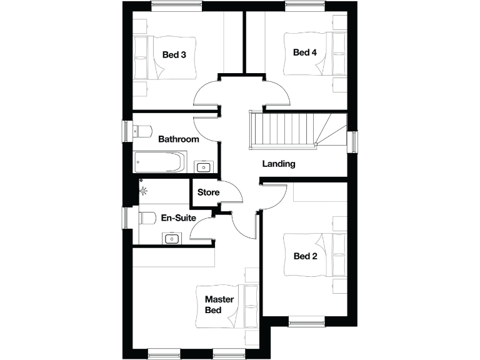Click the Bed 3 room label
[x=174, y=54]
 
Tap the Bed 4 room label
[x=305, y=52]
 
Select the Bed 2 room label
[x=305, y=255]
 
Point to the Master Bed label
[x=219, y=305]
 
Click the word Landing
[x=278, y=164]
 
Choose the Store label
[x=208, y=192]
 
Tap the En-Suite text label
[x=179, y=218]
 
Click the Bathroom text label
[x=178, y=139]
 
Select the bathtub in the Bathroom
[x=160, y=162]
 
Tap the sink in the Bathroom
[x=204, y=166]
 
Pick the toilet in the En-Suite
[x=146, y=218]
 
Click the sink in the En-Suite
[x=171, y=238]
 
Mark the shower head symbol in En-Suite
[x=144, y=191]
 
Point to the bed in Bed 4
[x=331, y=54]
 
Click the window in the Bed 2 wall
[x=306, y=322]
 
